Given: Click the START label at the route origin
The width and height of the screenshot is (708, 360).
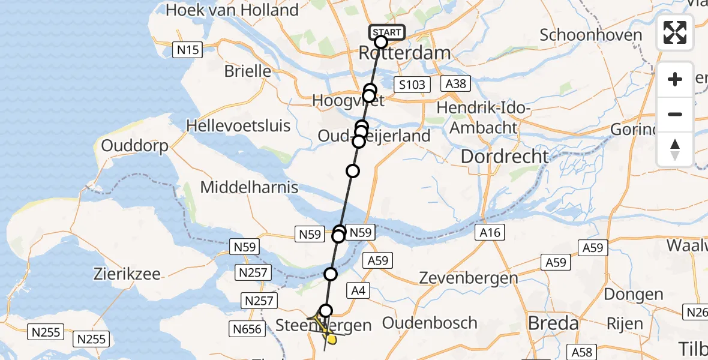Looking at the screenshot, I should click(387, 32).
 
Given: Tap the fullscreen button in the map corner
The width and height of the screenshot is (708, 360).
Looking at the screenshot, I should click(675, 32).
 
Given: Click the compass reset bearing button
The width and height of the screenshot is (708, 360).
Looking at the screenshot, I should click(675, 149).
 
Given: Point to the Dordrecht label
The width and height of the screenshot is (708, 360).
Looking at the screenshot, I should click(504, 157).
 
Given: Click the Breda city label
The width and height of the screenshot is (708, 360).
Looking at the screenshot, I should click(553, 323).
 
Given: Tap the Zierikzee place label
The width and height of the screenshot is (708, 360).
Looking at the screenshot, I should click(127, 274).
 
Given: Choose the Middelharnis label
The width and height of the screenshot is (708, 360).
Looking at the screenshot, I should click(249, 187).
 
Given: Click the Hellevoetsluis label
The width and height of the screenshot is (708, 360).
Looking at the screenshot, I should click(238, 126).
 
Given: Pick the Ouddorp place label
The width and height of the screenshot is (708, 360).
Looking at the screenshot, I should click(135, 146).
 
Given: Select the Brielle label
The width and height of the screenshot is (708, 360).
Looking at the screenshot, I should click(248, 71).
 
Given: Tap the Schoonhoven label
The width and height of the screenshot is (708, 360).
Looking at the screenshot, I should click(590, 35).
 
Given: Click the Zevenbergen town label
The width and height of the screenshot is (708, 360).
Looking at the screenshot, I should click(469, 278).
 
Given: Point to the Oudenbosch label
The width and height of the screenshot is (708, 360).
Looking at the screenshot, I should click(429, 323).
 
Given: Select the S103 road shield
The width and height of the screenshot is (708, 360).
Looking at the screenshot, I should click(412, 84).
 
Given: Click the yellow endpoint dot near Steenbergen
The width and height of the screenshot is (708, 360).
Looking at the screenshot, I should click(331, 340).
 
